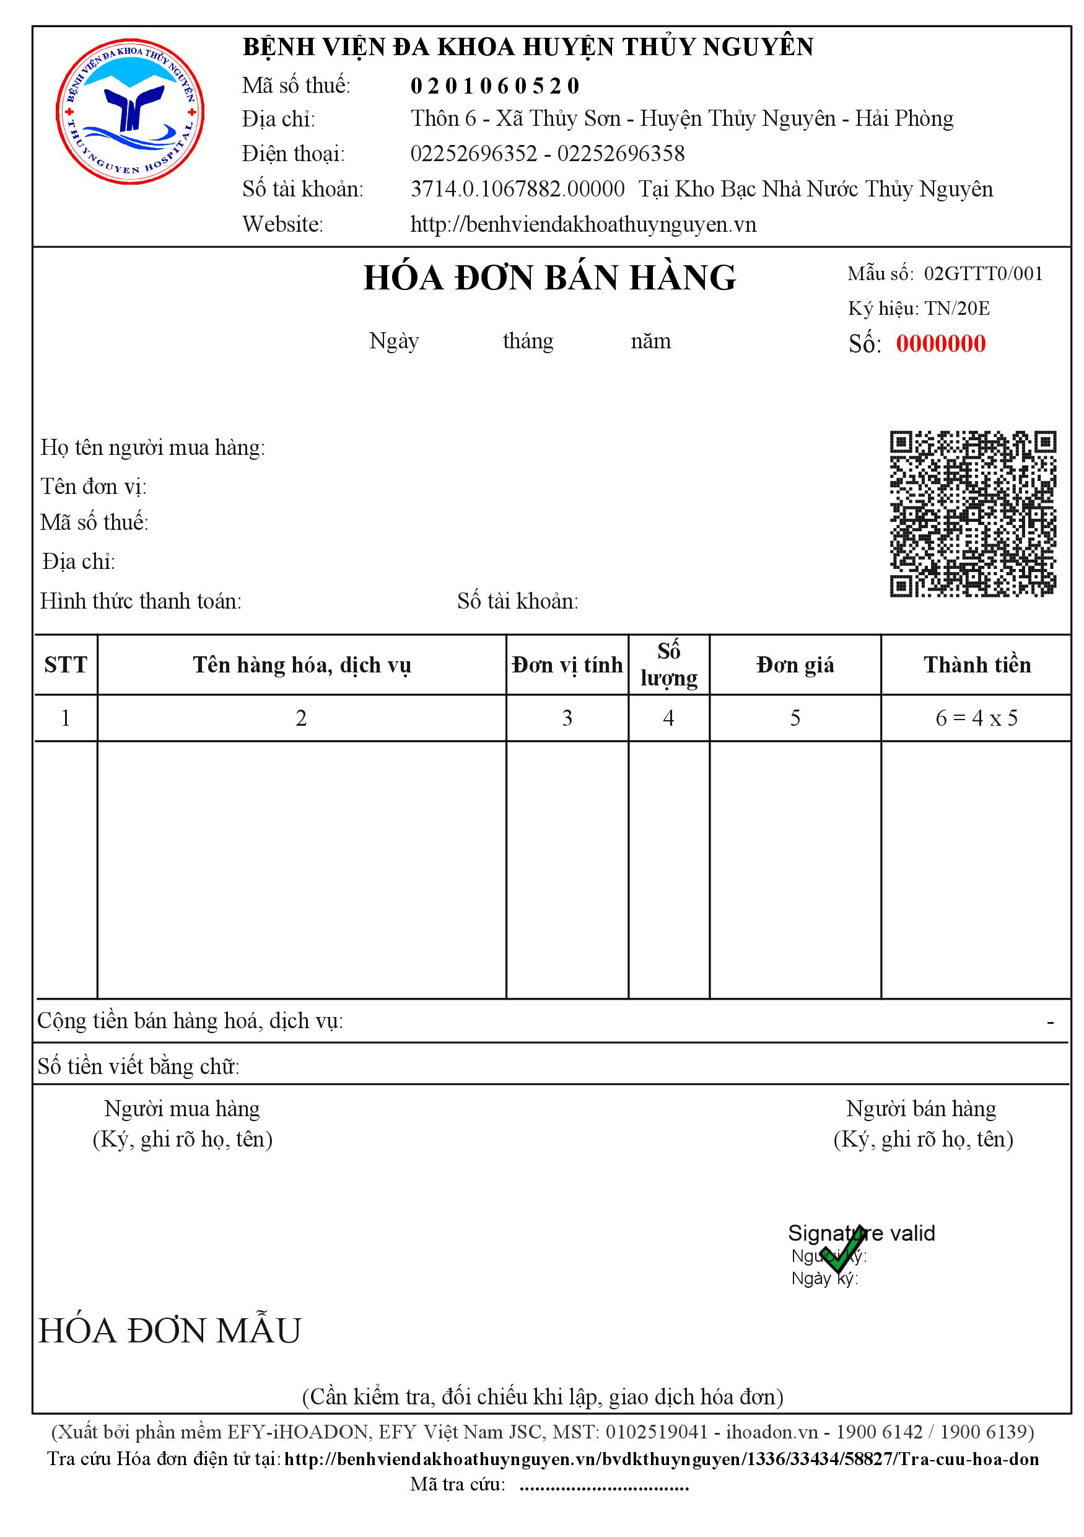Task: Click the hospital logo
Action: (130, 111)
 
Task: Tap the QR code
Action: (973, 513)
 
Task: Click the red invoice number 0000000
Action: (940, 343)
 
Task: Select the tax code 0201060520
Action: (494, 86)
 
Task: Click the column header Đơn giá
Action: (794, 665)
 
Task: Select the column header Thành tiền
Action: (976, 665)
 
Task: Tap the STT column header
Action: (66, 665)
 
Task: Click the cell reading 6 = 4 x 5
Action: (976, 718)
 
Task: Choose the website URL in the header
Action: (583, 224)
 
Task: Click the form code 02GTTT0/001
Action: (983, 273)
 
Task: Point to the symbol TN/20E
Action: (957, 308)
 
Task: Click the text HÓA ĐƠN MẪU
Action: (170, 1331)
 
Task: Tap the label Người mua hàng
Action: (182, 1109)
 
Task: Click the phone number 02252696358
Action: (620, 154)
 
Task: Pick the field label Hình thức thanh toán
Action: (141, 601)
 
